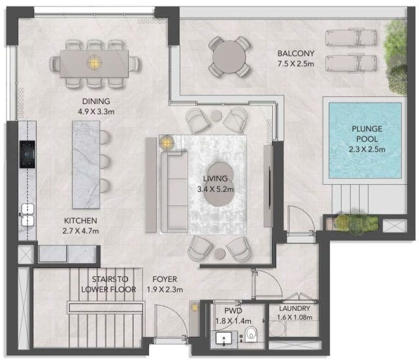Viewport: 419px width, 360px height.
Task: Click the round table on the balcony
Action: (x=229, y=57)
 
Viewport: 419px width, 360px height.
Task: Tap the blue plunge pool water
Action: (x=365, y=141)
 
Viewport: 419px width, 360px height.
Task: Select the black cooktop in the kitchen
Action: (x=27, y=154)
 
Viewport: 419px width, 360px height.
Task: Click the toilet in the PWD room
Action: (x=250, y=334)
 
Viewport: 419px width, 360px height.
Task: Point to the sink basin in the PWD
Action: (x=224, y=339)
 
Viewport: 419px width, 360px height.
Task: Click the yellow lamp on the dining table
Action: (x=94, y=62)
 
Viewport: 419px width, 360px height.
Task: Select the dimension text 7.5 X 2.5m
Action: (x=296, y=64)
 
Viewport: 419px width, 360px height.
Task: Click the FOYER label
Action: (x=165, y=279)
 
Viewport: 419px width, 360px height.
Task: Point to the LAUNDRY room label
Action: (x=295, y=309)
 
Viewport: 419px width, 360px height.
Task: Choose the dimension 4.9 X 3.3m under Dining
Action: (x=96, y=112)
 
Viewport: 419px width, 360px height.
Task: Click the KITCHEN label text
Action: (x=80, y=220)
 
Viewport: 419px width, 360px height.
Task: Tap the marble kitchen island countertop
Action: (x=86, y=165)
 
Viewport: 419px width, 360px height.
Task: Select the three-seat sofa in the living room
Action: (x=174, y=191)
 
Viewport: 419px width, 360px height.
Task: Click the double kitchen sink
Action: (x=28, y=215)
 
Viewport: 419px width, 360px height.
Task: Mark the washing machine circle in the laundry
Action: (x=277, y=328)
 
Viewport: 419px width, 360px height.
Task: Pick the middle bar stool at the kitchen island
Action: (x=105, y=161)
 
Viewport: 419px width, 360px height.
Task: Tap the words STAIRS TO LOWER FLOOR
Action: (x=109, y=284)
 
